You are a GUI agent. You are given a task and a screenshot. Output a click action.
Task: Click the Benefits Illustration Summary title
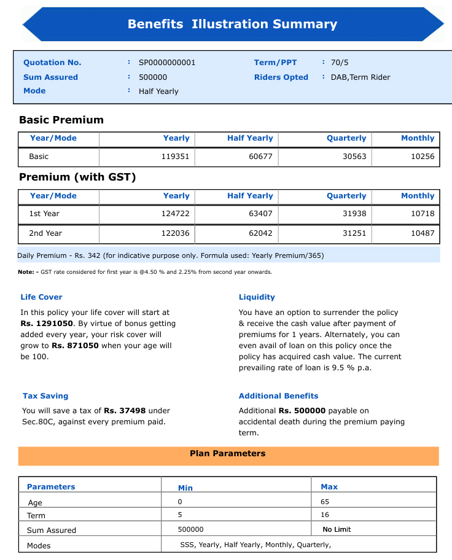pyautogui.click(x=232, y=24)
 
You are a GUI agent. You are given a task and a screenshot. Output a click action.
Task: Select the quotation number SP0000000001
pyautogui.click(x=167, y=63)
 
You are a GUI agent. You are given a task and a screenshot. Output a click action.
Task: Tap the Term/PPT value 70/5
pyautogui.click(x=340, y=63)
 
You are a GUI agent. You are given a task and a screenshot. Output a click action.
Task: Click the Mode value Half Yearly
pyautogui.click(x=158, y=91)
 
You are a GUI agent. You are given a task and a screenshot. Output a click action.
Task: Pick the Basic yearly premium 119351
pyautogui.click(x=175, y=157)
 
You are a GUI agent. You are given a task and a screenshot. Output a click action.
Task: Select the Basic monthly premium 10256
pyautogui.click(x=423, y=157)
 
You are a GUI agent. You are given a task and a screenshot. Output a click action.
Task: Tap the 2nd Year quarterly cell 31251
pyautogui.click(x=354, y=233)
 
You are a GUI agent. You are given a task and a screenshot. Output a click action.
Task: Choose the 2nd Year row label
pyautogui.click(x=45, y=233)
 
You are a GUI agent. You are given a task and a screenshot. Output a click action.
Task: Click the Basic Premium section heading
pyautogui.click(x=61, y=120)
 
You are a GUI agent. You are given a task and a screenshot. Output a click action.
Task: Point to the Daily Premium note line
pyautogui.click(x=171, y=255)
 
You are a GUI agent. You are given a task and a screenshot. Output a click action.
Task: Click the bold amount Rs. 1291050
pyautogui.click(x=47, y=323)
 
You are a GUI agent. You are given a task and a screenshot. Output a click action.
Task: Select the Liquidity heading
pyautogui.click(x=257, y=297)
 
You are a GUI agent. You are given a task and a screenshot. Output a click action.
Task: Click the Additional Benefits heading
pyautogui.click(x=278, y=396)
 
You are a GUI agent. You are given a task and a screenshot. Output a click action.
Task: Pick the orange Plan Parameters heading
pyautogui.click(x=228, y=454)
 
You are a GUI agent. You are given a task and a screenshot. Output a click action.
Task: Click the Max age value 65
pyautogui.click(x=325, y=502)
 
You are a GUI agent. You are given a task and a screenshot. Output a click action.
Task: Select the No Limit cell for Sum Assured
pyautogui.click(x=337, y=529)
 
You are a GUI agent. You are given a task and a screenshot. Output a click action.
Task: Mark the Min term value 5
pyautogui.click(x=180, y=515)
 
